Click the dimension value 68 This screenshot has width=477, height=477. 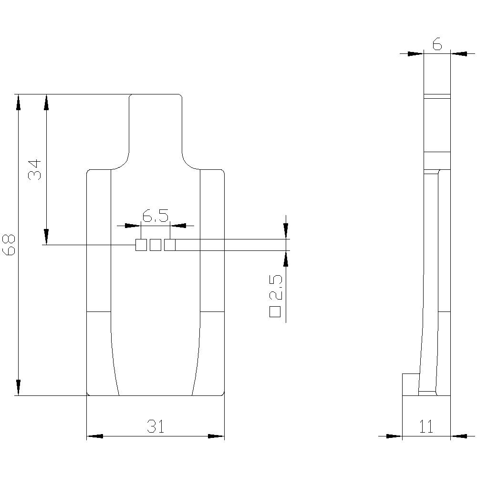(x=10, y=245)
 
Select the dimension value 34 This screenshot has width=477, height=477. (x=35, y=169)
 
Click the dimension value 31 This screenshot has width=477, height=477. (x=155, y=426)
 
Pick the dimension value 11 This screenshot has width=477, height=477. (x=426, y=426)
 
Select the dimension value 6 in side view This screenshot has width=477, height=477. (x=437, y=44)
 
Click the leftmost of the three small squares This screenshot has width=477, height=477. (x=141, y=245)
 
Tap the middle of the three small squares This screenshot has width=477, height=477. (x=155, y=245)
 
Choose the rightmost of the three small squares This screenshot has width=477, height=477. (x=170, y=245)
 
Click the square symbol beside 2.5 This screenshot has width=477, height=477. (x=275, y=312)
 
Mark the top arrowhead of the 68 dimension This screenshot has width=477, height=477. (x=18, y=102)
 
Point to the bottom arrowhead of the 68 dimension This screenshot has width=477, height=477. (x=18, y=387)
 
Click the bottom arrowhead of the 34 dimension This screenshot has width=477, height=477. (x=46, y=237)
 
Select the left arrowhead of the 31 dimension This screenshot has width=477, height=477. (x=95, y=436)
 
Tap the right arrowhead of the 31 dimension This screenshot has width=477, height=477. (x=216, y=436)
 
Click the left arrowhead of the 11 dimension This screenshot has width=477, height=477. (x=394, y=436)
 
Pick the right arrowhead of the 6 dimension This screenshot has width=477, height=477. (x=459, y=54)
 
